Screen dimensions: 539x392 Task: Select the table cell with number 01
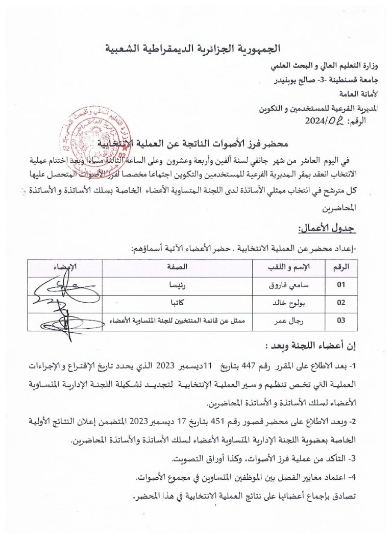[x=341, y=284]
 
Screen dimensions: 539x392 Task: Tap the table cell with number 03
[x=341, y=321]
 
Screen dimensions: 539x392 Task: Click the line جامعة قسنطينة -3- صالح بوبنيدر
[x=326, y=81]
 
